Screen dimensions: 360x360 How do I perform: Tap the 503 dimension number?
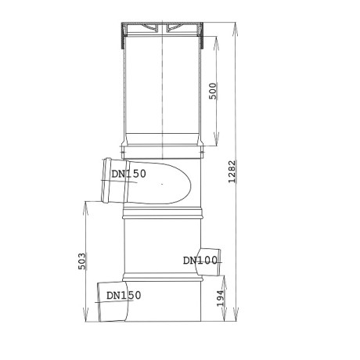point(83,260)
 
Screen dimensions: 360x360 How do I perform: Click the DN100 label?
point(200,261)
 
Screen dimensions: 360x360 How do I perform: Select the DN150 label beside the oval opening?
point(128,174)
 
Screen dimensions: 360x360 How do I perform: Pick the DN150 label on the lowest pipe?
point(124,295)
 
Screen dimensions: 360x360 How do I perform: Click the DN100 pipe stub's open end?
point(221,261)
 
